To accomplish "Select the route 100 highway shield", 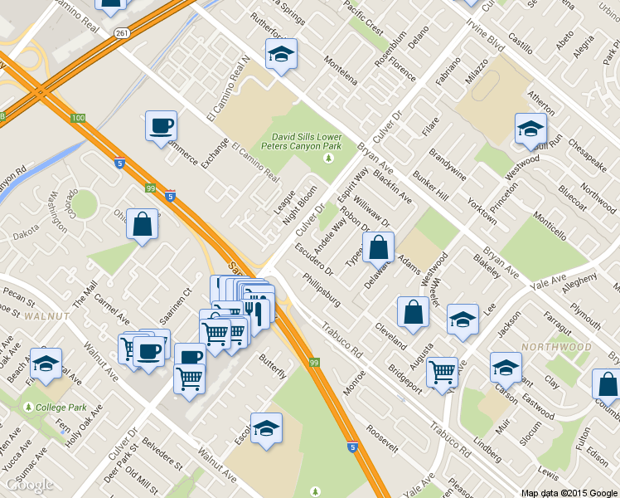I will pyautogui.click(x=78, y=119).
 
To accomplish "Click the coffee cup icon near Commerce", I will pyautogui.click(x=161, y=127).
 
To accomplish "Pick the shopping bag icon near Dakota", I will pyautogui.click(x=143, y=225).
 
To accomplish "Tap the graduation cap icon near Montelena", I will pyautogui.click(x=281, y=55).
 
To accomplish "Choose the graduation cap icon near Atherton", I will pyautogui.click(x=530, y=129).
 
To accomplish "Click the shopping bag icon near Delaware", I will pyautogui.click(x=378, y=247).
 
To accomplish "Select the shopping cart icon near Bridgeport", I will pyautogui.click(x=442, y=372).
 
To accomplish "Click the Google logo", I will pyautogui.click(x=28, y=485).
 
